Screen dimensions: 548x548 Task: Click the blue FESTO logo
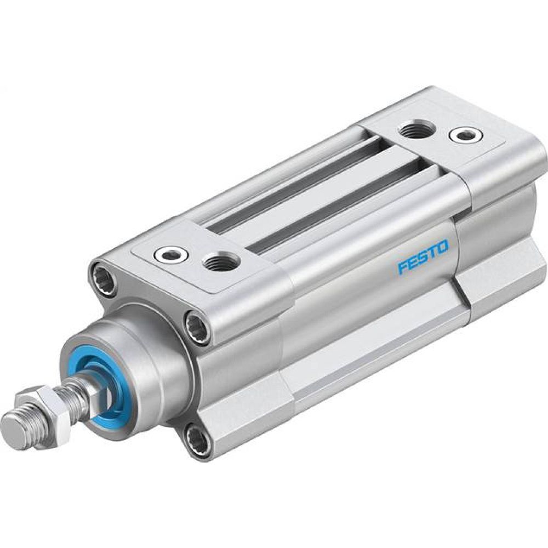tap(423, 256)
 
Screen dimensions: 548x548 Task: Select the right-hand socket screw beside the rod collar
tap(197, 327)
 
